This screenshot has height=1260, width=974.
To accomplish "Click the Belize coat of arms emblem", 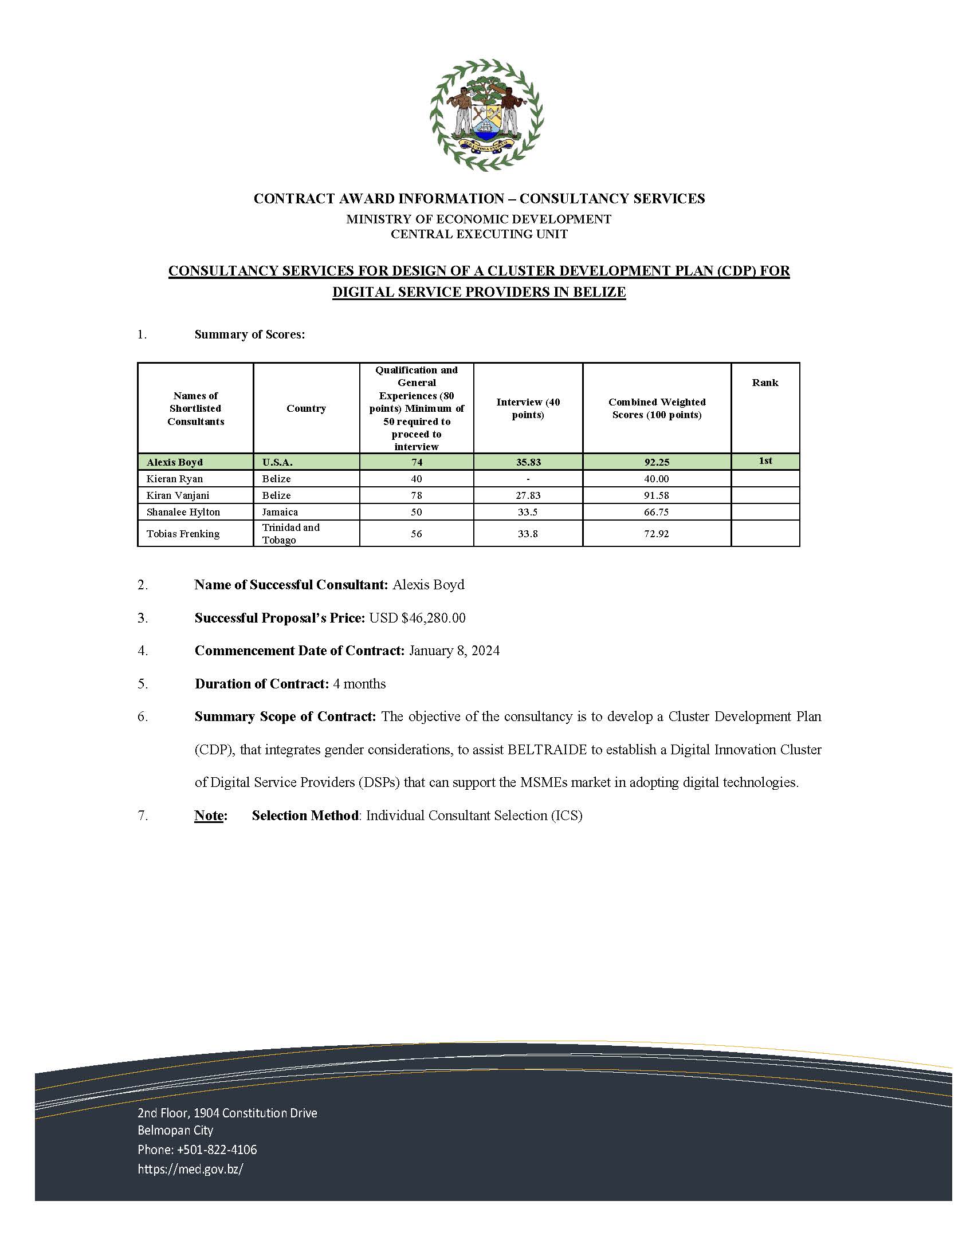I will point(486,114).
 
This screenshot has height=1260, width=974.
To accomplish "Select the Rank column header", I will point(764,383).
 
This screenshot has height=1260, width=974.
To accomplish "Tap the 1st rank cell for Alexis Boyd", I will point(765,460).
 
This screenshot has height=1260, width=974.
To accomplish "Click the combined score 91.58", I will point(657,495).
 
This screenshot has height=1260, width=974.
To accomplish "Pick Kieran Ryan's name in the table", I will point(174,479).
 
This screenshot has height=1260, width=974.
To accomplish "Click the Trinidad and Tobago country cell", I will point(290,533).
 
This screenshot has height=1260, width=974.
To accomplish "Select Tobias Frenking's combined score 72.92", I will point(657,534).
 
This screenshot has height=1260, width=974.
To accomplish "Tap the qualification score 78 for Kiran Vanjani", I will point(416,495).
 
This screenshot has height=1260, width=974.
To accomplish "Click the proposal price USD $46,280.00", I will point(417,618).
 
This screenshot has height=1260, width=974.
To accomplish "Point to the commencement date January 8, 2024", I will point(454,651).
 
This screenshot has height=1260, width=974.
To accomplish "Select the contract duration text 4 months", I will point(359,684).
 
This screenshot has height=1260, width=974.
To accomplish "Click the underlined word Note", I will point(210,815).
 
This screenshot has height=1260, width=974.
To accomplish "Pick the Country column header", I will point(306,408).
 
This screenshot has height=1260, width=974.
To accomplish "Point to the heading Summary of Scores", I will point(249,334).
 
